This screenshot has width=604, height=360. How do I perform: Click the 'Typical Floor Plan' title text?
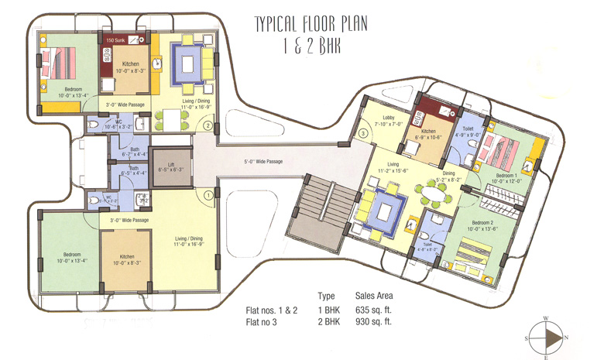click(x=311, y=25)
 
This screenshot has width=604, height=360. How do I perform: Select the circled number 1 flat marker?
click(x=208, y=195)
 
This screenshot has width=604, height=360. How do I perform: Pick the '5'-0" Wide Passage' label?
click(x=260, y=162)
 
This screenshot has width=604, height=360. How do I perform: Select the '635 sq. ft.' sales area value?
click(x=373, y=310)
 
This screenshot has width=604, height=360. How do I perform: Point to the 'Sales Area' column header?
click(x=374, y=296)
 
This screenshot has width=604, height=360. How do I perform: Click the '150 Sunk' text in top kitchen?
click(x=116, y=39)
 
